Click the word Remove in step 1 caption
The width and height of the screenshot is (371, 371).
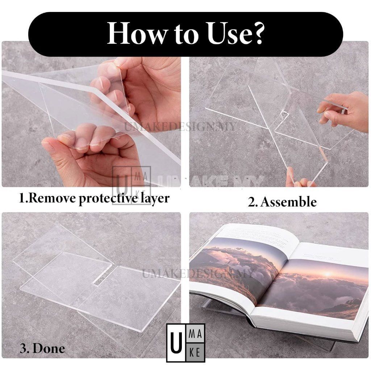click(x=52, y=198)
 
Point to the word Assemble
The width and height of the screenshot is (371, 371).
click(x=288, y=202)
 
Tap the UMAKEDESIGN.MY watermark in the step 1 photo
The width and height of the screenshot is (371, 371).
click(x=180, y=127)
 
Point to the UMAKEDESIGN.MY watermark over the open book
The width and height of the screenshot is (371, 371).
click(x=198, y=274)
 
